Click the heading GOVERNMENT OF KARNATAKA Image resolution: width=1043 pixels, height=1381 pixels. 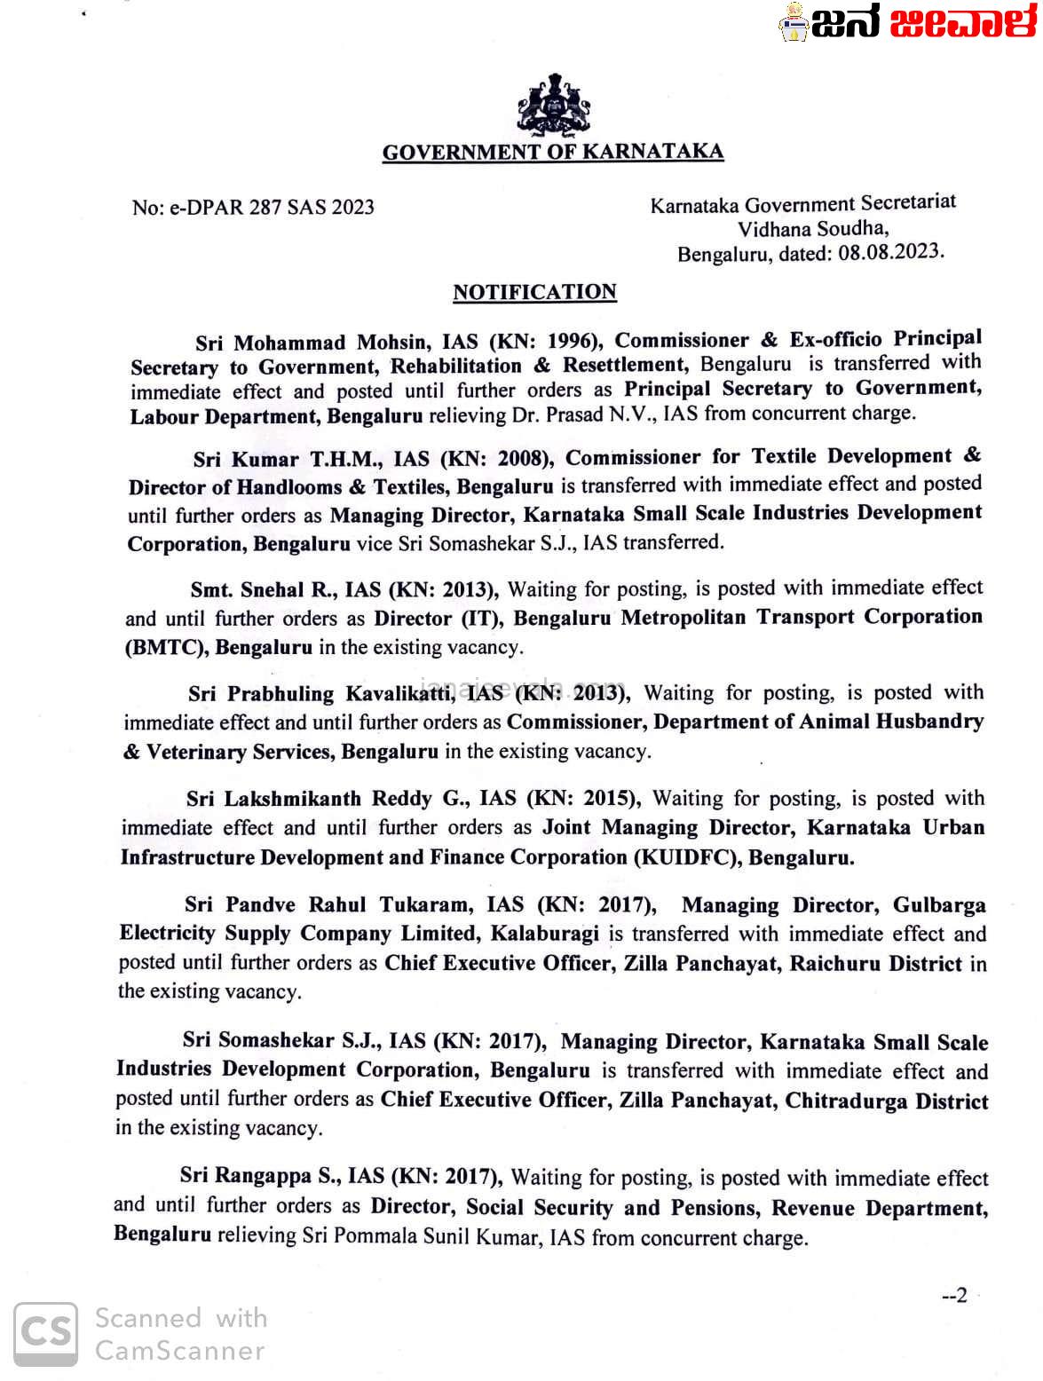[x=552, y=152]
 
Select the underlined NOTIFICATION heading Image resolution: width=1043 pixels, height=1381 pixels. [x=534, y=292]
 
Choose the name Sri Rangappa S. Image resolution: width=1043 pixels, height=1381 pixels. [x=258, y=1176]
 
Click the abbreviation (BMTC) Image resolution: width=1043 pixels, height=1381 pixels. [x=165, y=647]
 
